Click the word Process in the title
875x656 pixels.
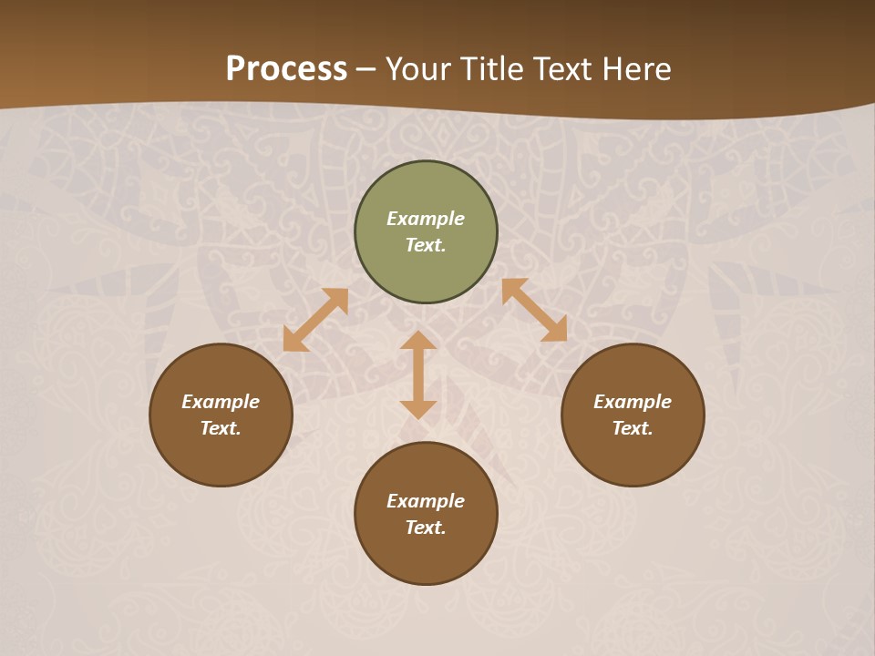pos(286,69)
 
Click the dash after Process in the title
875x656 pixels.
pos(366,70)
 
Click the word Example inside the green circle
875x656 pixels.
pos(426,219)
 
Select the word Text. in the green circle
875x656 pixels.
pos(426,245)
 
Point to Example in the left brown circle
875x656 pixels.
pos(221,402)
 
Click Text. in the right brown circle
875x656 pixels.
pos(633,428)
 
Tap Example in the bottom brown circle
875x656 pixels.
pos(426,501)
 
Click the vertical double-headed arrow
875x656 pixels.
pos(418,374)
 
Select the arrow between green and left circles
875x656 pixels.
pos(315,320)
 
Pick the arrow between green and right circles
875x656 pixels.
pos(534,310)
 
